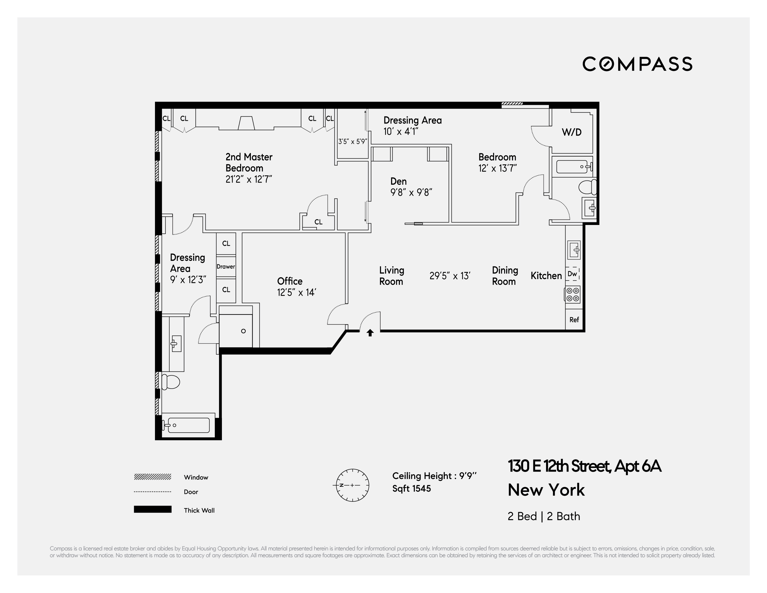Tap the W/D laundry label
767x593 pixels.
[x=571, y=132]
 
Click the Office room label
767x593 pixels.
[x=290, y=281]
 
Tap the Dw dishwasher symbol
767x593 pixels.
[x=572, y=274]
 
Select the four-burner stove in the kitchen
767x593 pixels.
[x=572, y=294]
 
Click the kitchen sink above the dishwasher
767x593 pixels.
[x=574, y=250]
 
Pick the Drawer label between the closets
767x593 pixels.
[x=226, y=266]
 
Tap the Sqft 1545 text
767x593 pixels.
[x=412, y=488]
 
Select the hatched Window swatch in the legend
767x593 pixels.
[x=153, y=477]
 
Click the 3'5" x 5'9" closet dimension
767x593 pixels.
[x=353, y=141]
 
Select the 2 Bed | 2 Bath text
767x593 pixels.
[x=544, y=516]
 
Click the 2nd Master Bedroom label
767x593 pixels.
[x=249, y=163]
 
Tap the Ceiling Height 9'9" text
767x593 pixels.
[x=435, y=476]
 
